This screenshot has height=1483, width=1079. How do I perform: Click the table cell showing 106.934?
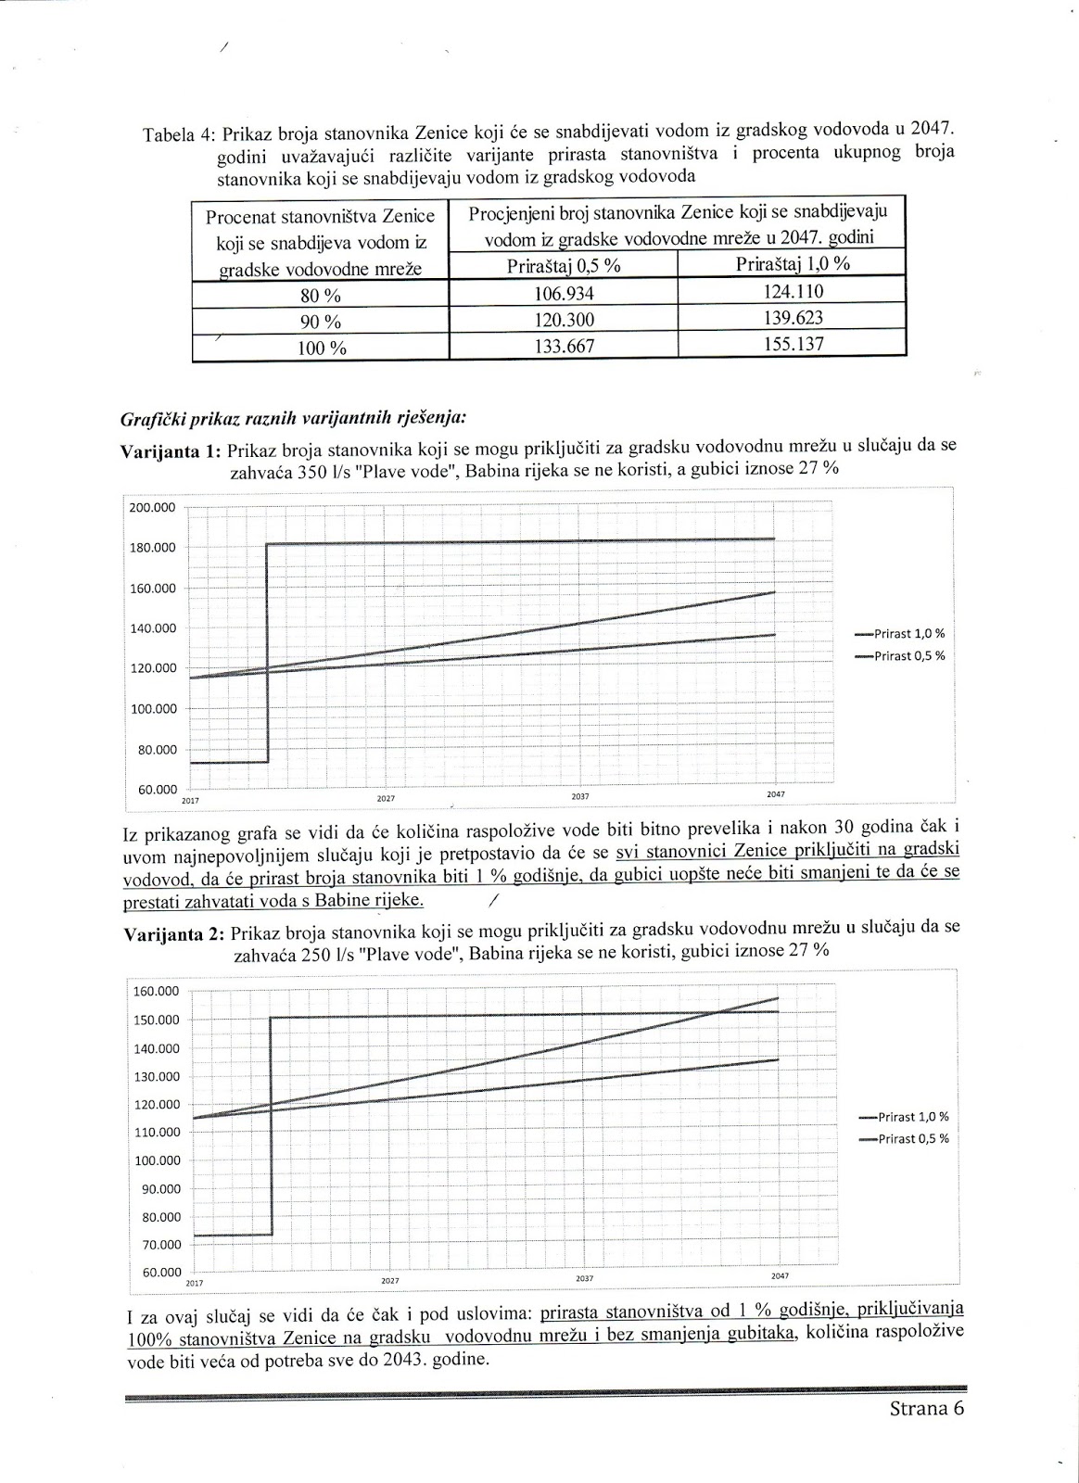(563, 294)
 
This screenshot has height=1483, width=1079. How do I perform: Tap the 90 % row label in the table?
(321, 323)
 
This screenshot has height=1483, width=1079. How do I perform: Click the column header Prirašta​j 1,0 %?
(793, 263)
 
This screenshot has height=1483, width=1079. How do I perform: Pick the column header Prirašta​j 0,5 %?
(563, 266)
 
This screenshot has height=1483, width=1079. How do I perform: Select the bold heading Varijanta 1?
(171, 451)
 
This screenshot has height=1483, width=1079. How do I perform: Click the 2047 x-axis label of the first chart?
(775, 795)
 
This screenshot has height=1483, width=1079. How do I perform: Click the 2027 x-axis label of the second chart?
(389, 1280)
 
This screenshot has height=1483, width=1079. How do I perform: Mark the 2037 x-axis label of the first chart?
(580, 796)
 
